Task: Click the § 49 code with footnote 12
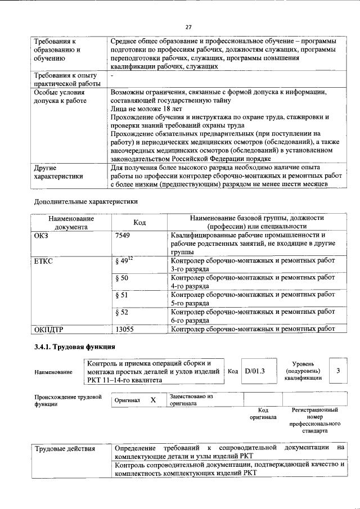[123, 261]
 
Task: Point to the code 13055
[124, 330]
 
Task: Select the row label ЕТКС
[44, 262]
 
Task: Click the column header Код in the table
[139, 222]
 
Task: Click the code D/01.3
[254, 371]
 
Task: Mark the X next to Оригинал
[152, 399]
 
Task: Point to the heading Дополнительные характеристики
[86, 201]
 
